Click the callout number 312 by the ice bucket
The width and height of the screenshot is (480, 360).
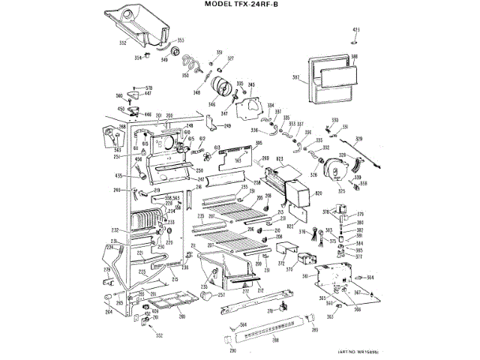[123, 43]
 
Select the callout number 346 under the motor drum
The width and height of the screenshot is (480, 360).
[211, 104]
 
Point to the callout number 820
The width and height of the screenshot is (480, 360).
[319, 193]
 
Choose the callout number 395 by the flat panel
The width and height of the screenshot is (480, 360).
[258, 143]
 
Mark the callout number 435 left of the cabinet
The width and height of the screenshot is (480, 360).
[118, 175]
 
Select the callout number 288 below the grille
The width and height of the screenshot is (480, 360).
[274, 341]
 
